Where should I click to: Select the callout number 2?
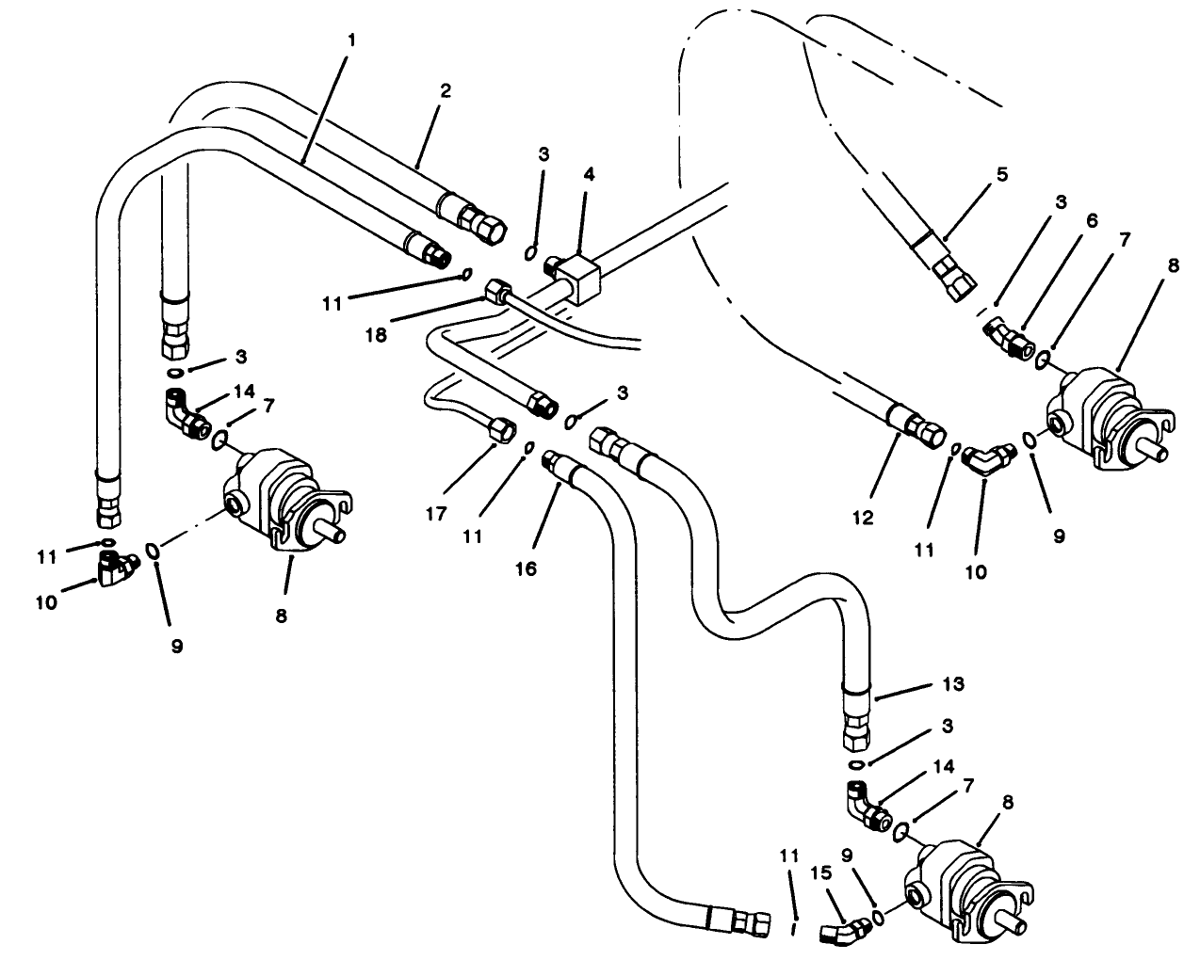pos(446,91)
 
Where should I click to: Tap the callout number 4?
pos(589,174)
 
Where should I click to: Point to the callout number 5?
pos(1001,174)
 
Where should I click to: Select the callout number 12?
pos(864,517)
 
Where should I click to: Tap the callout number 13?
pos(953,685)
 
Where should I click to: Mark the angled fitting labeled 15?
pos(838,930)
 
